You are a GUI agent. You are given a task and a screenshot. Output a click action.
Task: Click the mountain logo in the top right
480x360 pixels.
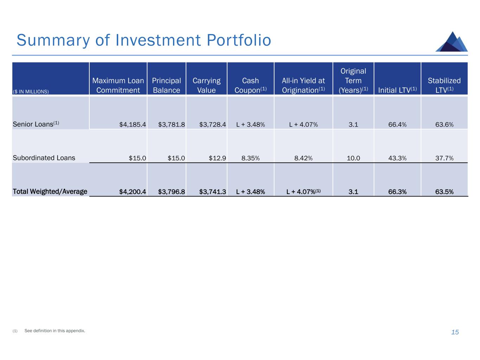452,42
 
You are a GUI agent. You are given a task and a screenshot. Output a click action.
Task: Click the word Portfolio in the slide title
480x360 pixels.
239,40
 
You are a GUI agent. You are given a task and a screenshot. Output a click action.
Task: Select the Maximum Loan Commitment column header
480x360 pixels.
118,85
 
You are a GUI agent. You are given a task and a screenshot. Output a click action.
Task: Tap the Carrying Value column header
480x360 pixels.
206,85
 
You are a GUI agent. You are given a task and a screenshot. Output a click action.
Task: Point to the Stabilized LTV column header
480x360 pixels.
444,85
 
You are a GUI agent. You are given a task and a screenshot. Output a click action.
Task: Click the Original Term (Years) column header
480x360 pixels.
353,81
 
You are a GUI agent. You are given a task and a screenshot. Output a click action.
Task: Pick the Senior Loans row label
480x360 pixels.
36,124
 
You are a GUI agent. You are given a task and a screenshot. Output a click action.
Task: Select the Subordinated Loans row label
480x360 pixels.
44,158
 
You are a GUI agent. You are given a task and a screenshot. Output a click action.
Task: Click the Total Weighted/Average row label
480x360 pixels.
50,192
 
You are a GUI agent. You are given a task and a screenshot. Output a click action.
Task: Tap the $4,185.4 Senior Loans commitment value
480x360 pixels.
133,124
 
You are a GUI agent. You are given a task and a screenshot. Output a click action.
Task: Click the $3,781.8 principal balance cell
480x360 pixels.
172,124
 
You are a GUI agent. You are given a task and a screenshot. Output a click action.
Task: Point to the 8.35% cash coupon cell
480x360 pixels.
250,158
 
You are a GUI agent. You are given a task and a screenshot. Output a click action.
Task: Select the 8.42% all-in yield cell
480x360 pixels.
303,158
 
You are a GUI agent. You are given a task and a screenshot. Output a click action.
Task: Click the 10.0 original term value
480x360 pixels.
353,158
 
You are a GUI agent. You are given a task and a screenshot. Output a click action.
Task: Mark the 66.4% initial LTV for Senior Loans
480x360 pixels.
397,124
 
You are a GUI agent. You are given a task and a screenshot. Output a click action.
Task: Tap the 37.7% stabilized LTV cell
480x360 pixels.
444,158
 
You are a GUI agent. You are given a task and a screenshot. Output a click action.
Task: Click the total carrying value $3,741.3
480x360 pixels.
212,192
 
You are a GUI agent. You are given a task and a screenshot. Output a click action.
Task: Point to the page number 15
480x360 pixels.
455,332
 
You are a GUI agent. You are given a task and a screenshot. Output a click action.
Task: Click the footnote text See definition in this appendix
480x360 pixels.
55,331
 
